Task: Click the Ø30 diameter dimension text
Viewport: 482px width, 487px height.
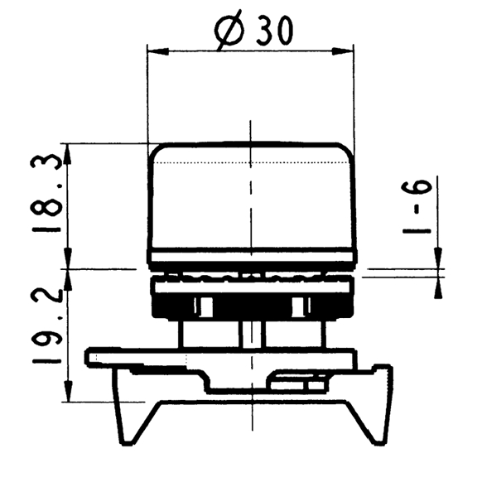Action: click(x=253, y=30)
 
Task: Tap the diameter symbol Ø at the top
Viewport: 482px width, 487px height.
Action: click(x=229, y=30)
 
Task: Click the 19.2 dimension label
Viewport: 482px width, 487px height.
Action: click(x=46, y=325)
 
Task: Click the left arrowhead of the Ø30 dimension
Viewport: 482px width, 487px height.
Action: click(x=158, y=51)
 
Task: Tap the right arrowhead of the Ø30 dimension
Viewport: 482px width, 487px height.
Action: click(x=343, y=51)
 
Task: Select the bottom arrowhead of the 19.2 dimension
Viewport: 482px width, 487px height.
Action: click(x=68, y=391)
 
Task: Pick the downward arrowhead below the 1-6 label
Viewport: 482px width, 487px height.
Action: click(x=438, y=258)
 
